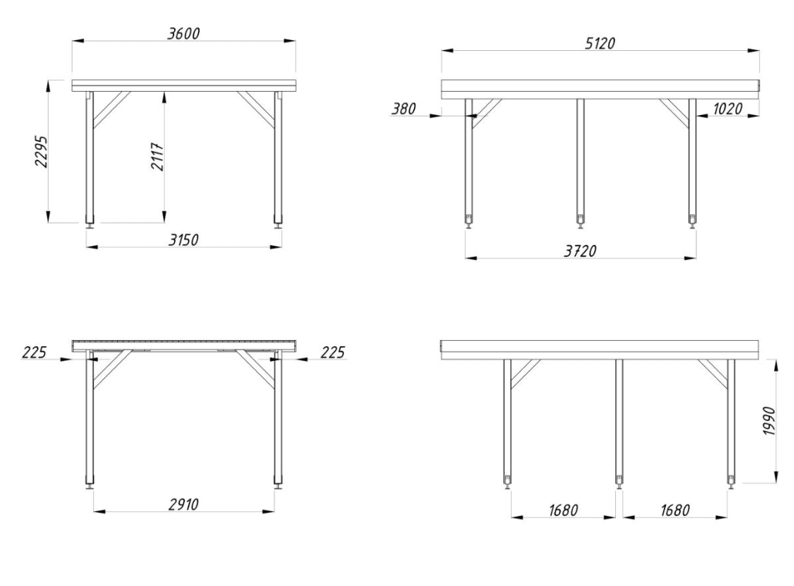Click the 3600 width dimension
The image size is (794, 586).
[183, 33]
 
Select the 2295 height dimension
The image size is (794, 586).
[41, 151]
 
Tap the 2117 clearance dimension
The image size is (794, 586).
[157, 157]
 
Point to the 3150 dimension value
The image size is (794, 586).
[183, 240]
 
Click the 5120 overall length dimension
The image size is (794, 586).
[600, 43]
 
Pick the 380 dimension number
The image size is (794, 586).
[404, 109]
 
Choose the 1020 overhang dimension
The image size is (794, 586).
[728, 109]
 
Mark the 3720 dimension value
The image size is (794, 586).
[580, 251]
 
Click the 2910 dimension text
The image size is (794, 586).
[183, 504]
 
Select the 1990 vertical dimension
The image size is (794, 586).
[769, 421]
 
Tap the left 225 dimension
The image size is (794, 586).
[34, 352]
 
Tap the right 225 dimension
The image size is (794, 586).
[332, 352]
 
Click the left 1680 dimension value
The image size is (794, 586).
[563, 510]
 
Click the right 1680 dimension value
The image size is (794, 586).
[675, 510]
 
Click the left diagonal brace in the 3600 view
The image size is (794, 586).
[112, 108]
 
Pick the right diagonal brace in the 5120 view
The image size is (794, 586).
[675, 112]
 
